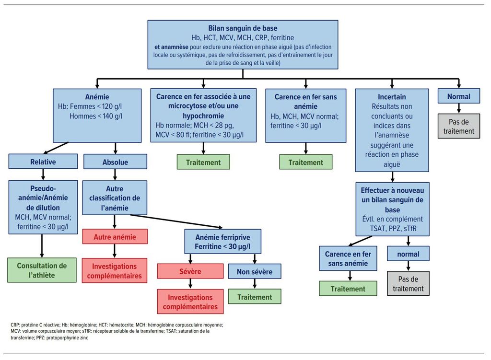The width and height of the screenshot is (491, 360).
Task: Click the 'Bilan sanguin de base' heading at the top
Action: click(x=243, y=28)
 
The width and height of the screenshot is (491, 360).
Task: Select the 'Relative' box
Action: click(x=43, y=162)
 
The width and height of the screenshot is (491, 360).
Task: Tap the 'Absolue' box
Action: click(x=115, y=162)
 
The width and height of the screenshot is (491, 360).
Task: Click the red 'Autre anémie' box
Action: click(x=115, y=237)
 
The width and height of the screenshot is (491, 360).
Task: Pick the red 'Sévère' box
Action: click(x=190, y=271)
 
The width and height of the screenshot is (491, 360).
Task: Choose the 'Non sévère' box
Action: click(x=254, y=271)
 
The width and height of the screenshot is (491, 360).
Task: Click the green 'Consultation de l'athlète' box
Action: click(x=42, y=270)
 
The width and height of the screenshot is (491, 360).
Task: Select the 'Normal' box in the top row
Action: click(x=458, y=96)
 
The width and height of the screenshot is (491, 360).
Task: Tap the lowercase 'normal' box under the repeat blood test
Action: click(x=408, y=254)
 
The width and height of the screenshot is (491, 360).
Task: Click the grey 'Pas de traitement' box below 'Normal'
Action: click(x=458, y=126)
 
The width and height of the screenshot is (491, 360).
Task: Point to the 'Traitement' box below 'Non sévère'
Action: click(x=254, y=296)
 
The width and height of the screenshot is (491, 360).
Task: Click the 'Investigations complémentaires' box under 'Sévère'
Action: click(x=190, y=302)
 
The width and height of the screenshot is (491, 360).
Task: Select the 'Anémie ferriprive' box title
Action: click(x=222, y=237)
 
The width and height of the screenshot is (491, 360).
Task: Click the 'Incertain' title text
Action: click(x=392, y=97)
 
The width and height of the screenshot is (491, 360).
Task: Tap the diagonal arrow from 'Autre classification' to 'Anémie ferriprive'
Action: click(x=176, y=221)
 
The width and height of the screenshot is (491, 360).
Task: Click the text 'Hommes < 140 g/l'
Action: click(x=96, y=116)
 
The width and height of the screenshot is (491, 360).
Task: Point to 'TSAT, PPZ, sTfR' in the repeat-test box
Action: click(x=393, y=229)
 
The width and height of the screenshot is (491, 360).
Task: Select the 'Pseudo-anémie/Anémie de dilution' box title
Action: click(x=43, y=198)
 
